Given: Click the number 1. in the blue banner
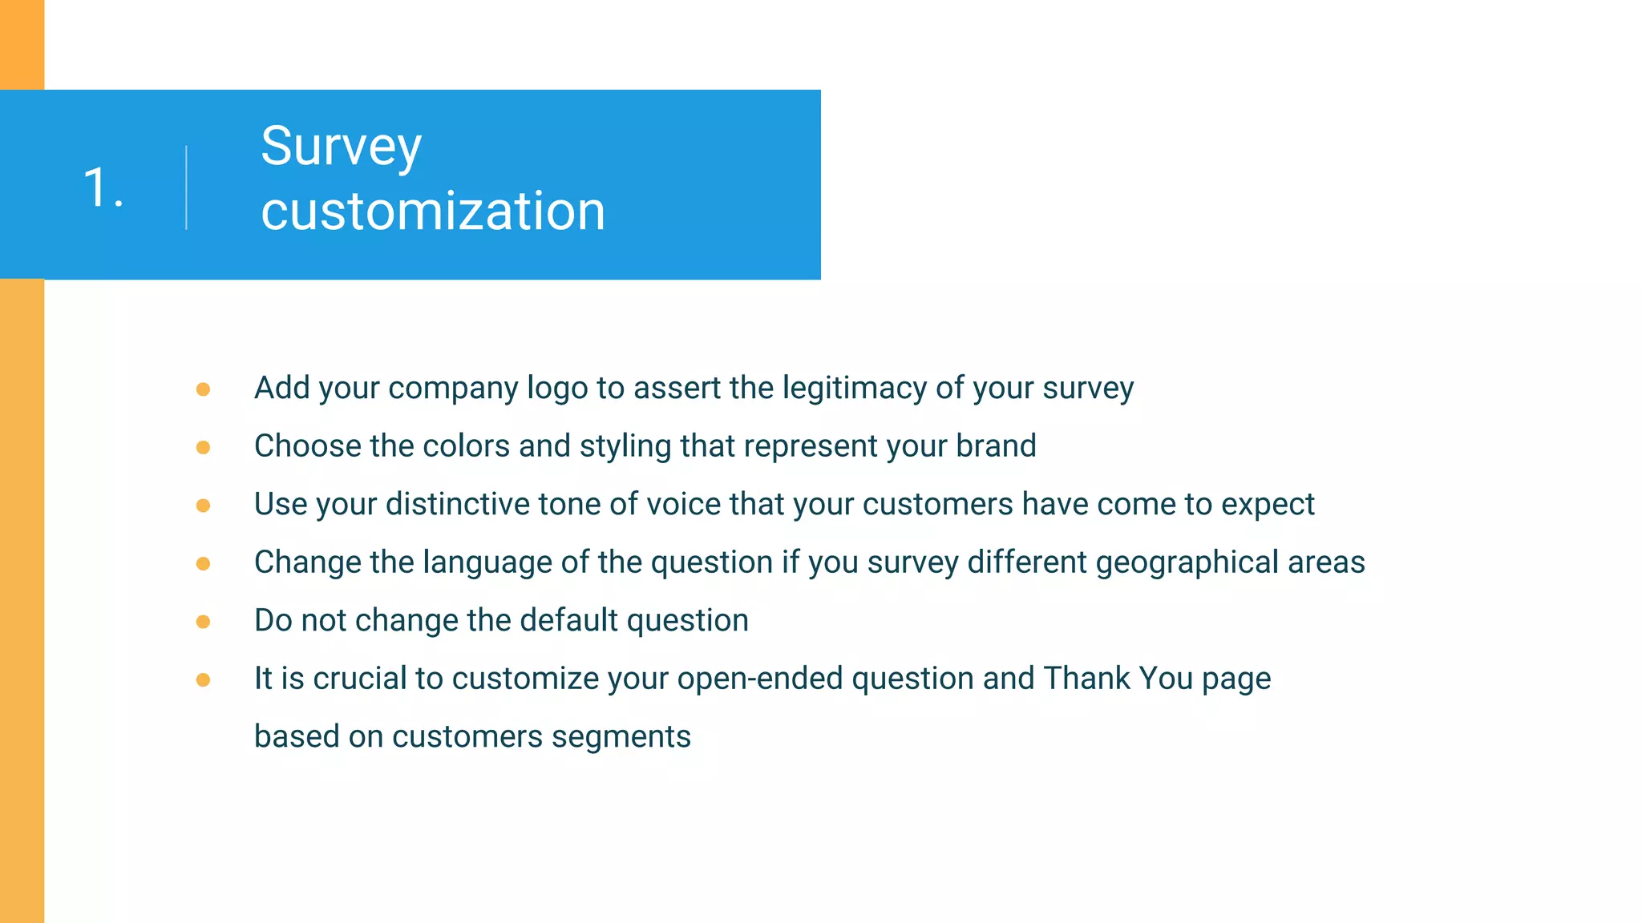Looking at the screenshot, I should point(103,189).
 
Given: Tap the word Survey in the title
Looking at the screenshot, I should point(341,147).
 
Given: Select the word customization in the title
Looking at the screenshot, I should point(433,212).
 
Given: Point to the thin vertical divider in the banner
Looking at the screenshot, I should point(187,188).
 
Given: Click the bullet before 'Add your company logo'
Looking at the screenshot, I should point(203,389).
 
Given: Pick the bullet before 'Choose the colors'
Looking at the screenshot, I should point(203,447).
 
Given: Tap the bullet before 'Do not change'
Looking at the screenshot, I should point(203,622).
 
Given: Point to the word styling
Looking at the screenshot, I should point(625,447).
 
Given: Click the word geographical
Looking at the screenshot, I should point(1187,563).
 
